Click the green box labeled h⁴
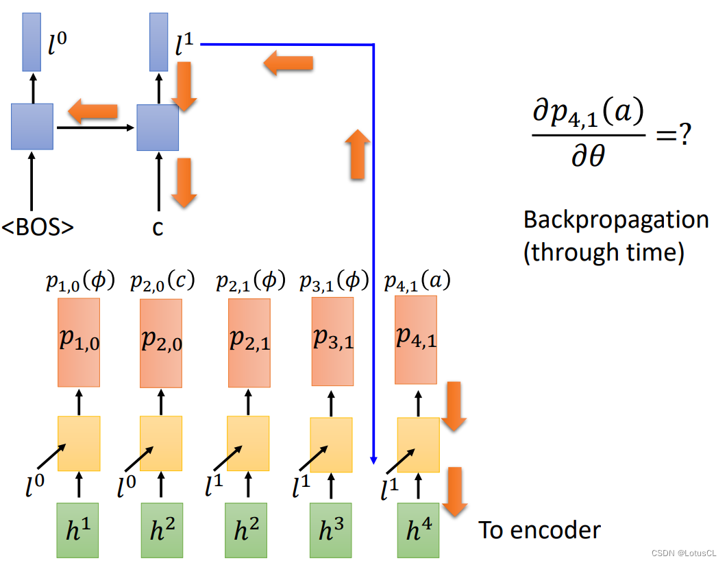pyautogui.click(x=418, y=529)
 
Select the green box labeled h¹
pyautogui.click(x=79, y=529)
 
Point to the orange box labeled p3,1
pyautogui.click(x=332, y=341)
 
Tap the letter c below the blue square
pyautogui.click(x=158, y=228)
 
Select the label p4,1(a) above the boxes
pyautogui.click(x=417, y=281)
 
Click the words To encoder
pyautogui.click(x=539, y=529)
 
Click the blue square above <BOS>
pyautogui.click(x=32, y=127)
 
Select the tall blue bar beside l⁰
pyautogui.click(x=32, y=41)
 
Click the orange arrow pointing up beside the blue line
pyautogui.click(x=357, y=155)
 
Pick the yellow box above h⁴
pyautogui.click(x=418, y=444)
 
